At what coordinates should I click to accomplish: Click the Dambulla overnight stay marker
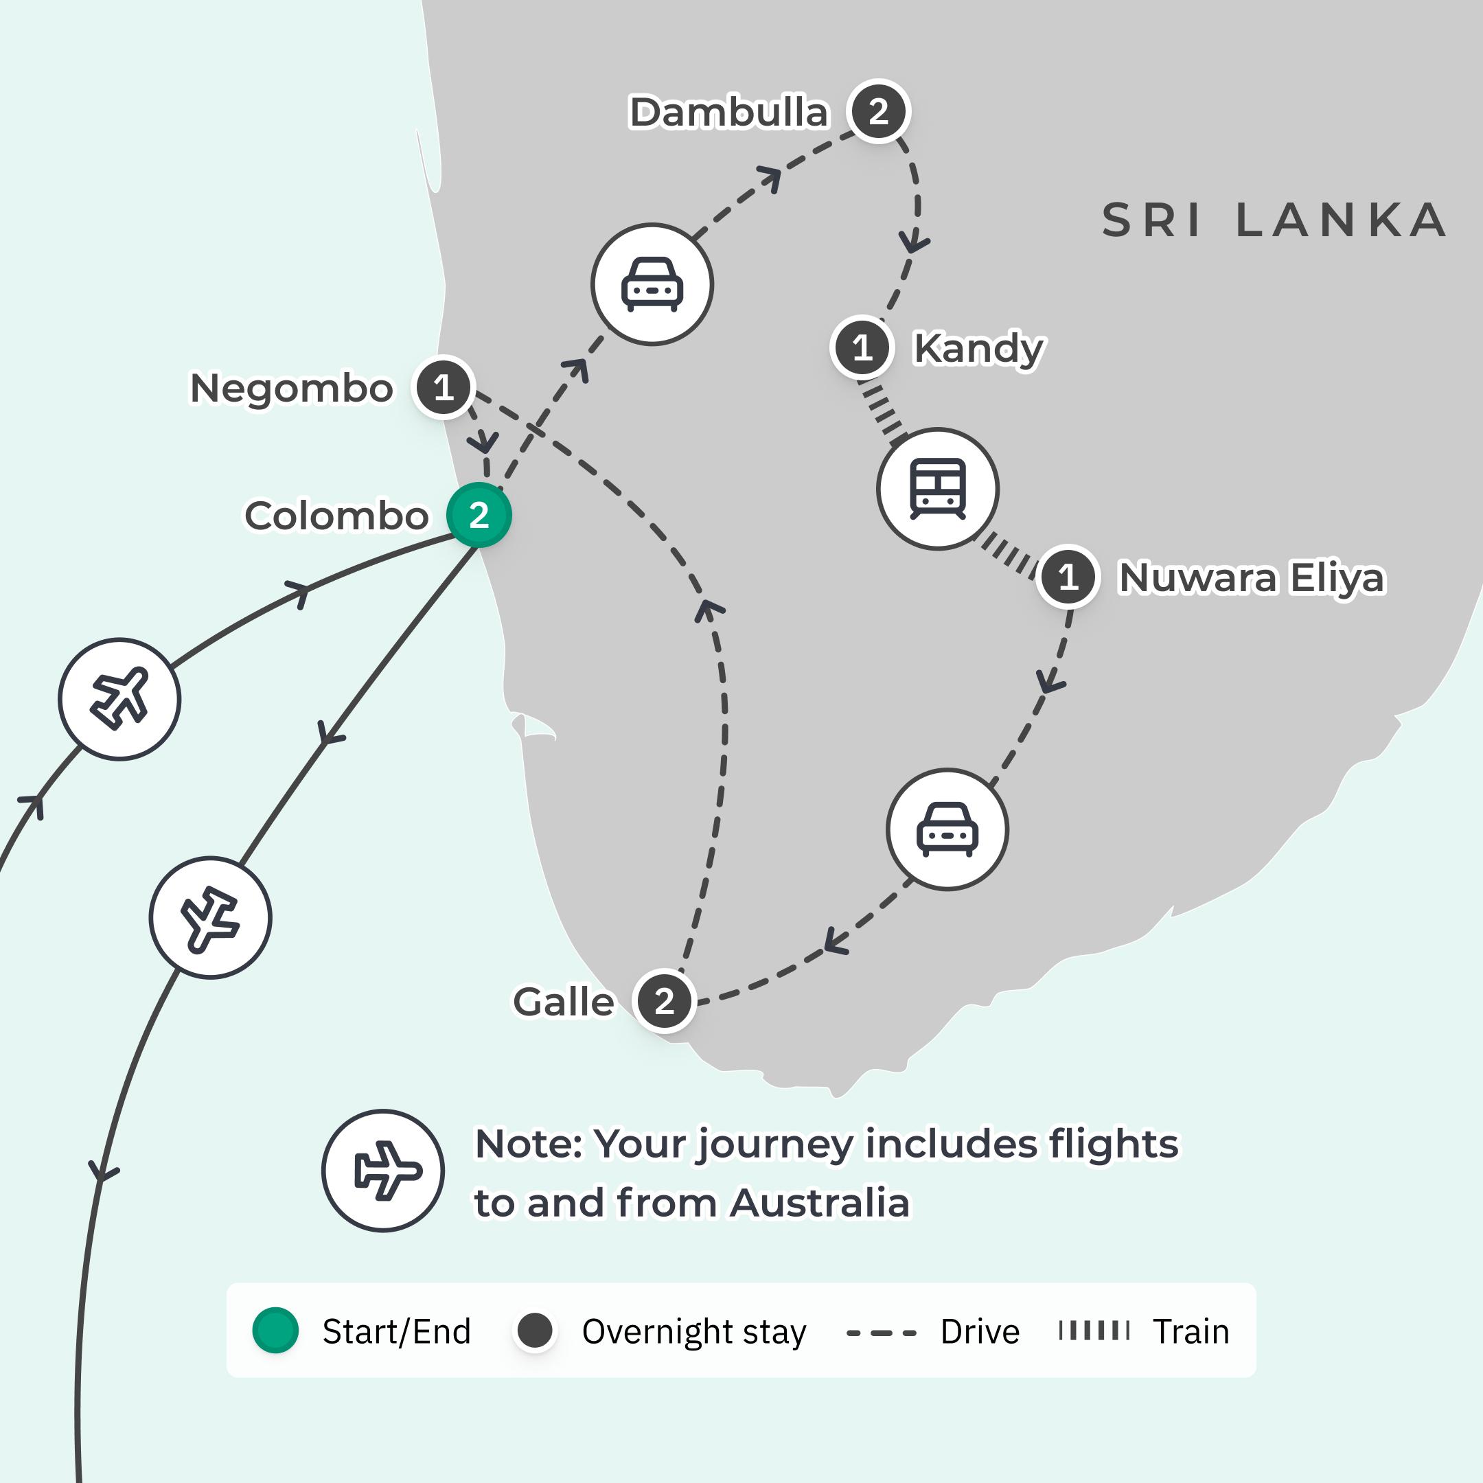coord(878,111)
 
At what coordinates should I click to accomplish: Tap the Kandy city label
coord(978,349)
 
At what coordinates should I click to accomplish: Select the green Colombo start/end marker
coord(479,515)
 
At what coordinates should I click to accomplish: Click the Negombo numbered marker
coord(444,388)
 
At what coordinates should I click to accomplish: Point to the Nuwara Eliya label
coord(1252,577)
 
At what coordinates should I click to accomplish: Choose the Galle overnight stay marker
coord(665,1001)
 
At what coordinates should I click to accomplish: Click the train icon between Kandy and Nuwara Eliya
coord(937,489)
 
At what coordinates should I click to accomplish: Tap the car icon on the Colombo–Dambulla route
coord(652,285)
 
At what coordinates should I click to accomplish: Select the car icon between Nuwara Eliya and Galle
coord(947,830)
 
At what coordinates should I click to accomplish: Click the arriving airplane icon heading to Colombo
coord(119,700)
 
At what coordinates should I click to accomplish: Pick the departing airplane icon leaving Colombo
coord(210,918)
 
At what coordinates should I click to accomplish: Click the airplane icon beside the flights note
coord(383,1171)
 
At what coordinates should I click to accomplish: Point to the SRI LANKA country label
coord(1274,220)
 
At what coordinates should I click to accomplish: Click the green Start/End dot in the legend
coord(275,1331)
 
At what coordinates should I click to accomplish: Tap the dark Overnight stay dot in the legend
coord(535,1331)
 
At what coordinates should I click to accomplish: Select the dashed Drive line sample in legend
coord(881,1333)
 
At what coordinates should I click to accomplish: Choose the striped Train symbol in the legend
coord(1094,1331)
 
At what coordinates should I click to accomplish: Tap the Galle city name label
coord(564,1002)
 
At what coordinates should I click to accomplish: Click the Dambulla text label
coord(729,112)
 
